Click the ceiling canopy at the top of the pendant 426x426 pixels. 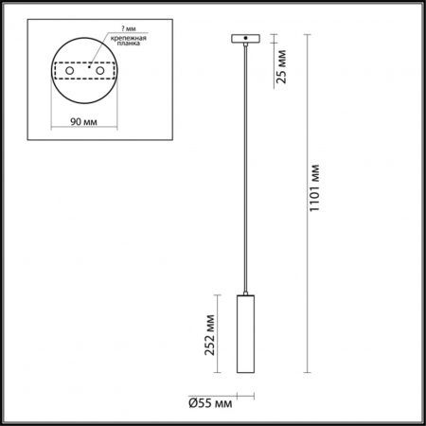[x=246, y=40]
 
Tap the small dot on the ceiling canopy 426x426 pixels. [x=246, y=39]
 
